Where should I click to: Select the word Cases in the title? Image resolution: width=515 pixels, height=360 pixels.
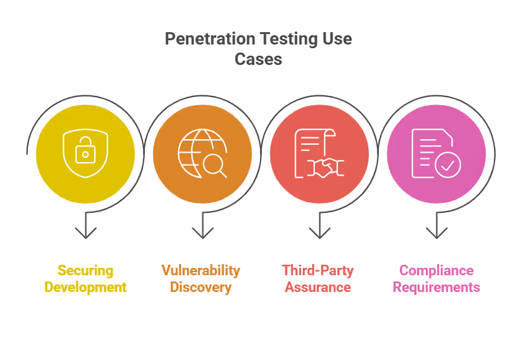click(x=258, y=59)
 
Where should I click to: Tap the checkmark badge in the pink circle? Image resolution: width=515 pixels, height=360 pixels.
click(x=448, y=165)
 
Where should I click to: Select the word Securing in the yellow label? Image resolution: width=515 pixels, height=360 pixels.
click(x=85, y=270)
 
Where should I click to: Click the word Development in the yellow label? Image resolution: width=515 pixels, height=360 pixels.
click(x=85, y=287)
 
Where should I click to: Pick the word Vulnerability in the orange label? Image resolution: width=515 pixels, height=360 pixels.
click(x=201, y=270)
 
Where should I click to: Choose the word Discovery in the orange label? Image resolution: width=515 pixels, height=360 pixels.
click(x=201, y=287)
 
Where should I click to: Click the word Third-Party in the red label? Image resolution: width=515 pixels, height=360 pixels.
click(x=318, y=270)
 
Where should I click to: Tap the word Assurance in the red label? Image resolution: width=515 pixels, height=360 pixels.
click(x=318, y=287)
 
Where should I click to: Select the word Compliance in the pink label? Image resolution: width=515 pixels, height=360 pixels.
click(x=436, y=270)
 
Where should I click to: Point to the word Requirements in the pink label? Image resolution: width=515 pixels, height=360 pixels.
click(x=436, y=287)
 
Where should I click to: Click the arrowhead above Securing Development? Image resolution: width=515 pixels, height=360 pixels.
click(x=85, y=233)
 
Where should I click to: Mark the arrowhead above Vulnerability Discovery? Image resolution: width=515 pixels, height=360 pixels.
click(x=202, y=233)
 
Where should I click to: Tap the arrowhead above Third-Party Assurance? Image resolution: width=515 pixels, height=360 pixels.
click(x=319, y=233)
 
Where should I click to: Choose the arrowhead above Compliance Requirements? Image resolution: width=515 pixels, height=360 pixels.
click(x=436, y=233)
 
